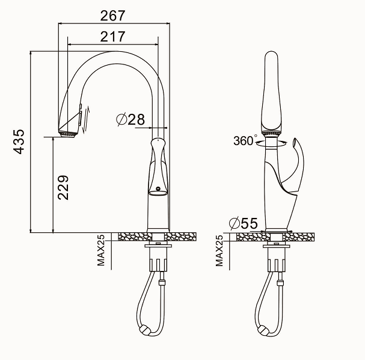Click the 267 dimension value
(x=113, y=16)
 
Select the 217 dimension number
(x=113, y=37)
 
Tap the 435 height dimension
(x=19, y=141)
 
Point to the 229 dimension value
(x=63, y=188)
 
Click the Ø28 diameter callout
(x=130, y=119)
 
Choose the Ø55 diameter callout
(x=244, y=223)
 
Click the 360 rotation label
(x=244, y=141)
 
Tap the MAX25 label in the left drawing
(x=101, y=250)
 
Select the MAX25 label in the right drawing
(x=219, y=250)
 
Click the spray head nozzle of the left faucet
(x=68, y=135)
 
